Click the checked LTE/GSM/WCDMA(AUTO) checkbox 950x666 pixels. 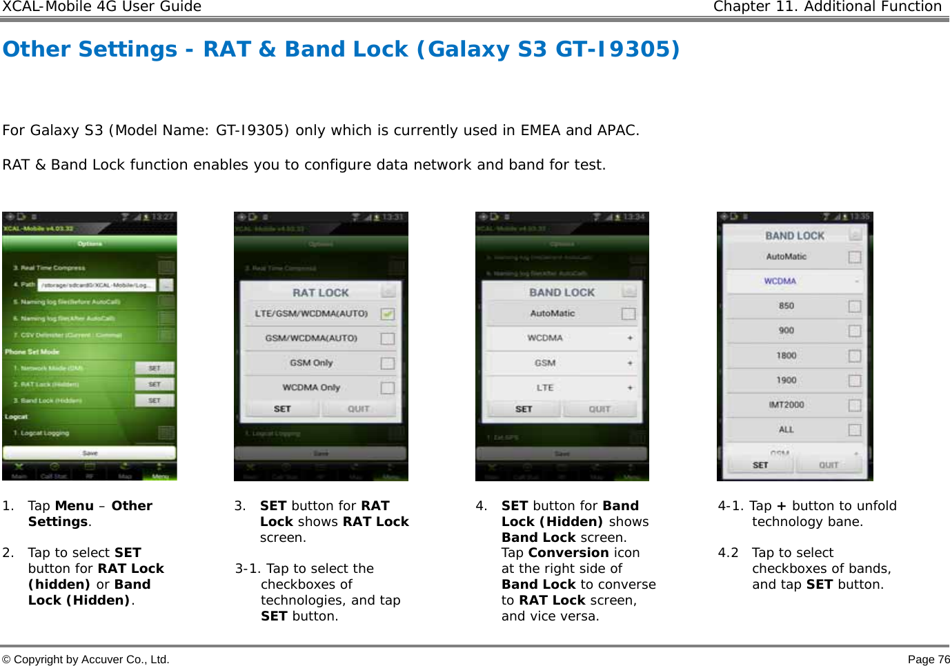pos(388,314)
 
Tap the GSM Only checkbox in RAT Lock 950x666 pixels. pos(388,363)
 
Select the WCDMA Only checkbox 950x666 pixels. pos(388,388)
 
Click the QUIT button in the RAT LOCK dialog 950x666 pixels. pos(359,409)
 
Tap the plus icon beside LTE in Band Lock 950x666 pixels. pos(630,388)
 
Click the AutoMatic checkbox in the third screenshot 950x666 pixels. pos(629,314)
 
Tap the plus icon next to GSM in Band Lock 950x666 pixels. pos(630,363)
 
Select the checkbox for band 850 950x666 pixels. pos(855,306)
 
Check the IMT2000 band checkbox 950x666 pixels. pos(855,405)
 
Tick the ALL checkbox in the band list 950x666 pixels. pos(855,430)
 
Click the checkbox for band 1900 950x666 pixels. pos(855,381)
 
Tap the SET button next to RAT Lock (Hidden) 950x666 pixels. pos(155,384)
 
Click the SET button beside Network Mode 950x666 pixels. pos(155,368)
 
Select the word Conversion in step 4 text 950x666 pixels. pos(568,553)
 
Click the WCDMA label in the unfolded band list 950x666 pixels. pos(780,281)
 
